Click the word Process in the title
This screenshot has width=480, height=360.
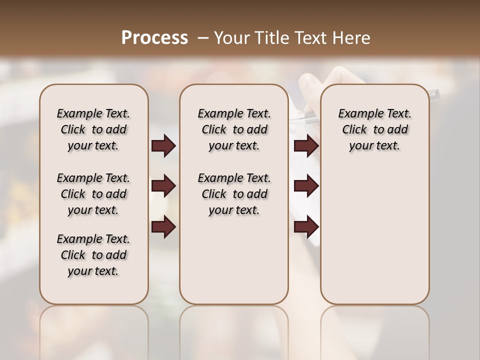[154, 38]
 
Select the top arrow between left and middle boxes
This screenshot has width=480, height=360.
[164, 145]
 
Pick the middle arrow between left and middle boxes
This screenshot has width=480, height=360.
[164, 186]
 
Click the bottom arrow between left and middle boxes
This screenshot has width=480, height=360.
[164, 226]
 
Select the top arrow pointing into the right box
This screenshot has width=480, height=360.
[306, 145]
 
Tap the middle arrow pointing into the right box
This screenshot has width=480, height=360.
[306, 186]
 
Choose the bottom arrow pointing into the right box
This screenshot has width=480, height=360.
[306, 226]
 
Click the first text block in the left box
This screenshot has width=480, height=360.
[93, 129]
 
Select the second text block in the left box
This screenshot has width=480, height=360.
[93, 194]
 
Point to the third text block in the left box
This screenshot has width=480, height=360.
[93, 255]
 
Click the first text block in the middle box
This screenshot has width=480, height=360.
[234, 129]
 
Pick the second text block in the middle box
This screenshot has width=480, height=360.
[234, 194]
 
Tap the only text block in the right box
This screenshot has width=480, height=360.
[374, 129]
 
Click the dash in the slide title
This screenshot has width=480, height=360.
[203, 38]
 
